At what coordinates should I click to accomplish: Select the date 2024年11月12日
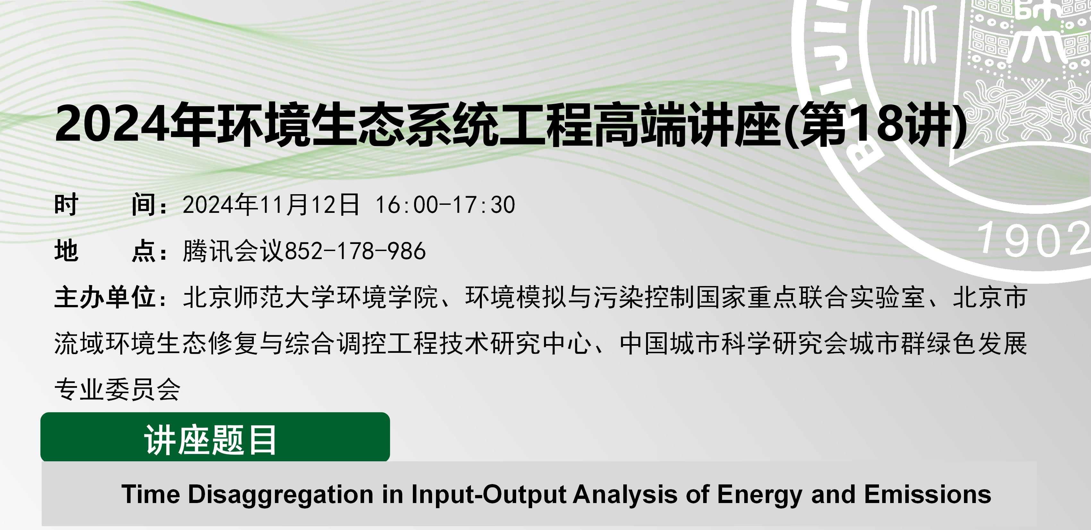pyautogui.click(x=271, y=204)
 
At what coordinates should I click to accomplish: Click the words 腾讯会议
pyautogui.click(x=233, y=251)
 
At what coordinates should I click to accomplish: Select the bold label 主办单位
pyautogui.click(x=105, y=297)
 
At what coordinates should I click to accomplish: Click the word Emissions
pyautogui.click(x=927, y=494)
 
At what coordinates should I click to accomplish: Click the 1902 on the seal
pyautogui.click(x=1033, y=240)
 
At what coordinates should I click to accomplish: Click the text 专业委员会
pyautogui.click(x=118, y=389)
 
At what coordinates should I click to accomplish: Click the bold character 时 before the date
pyautogui.click(x=66, y=204)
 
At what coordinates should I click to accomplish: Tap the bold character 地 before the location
pyautogui.click(x=66, y=251)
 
